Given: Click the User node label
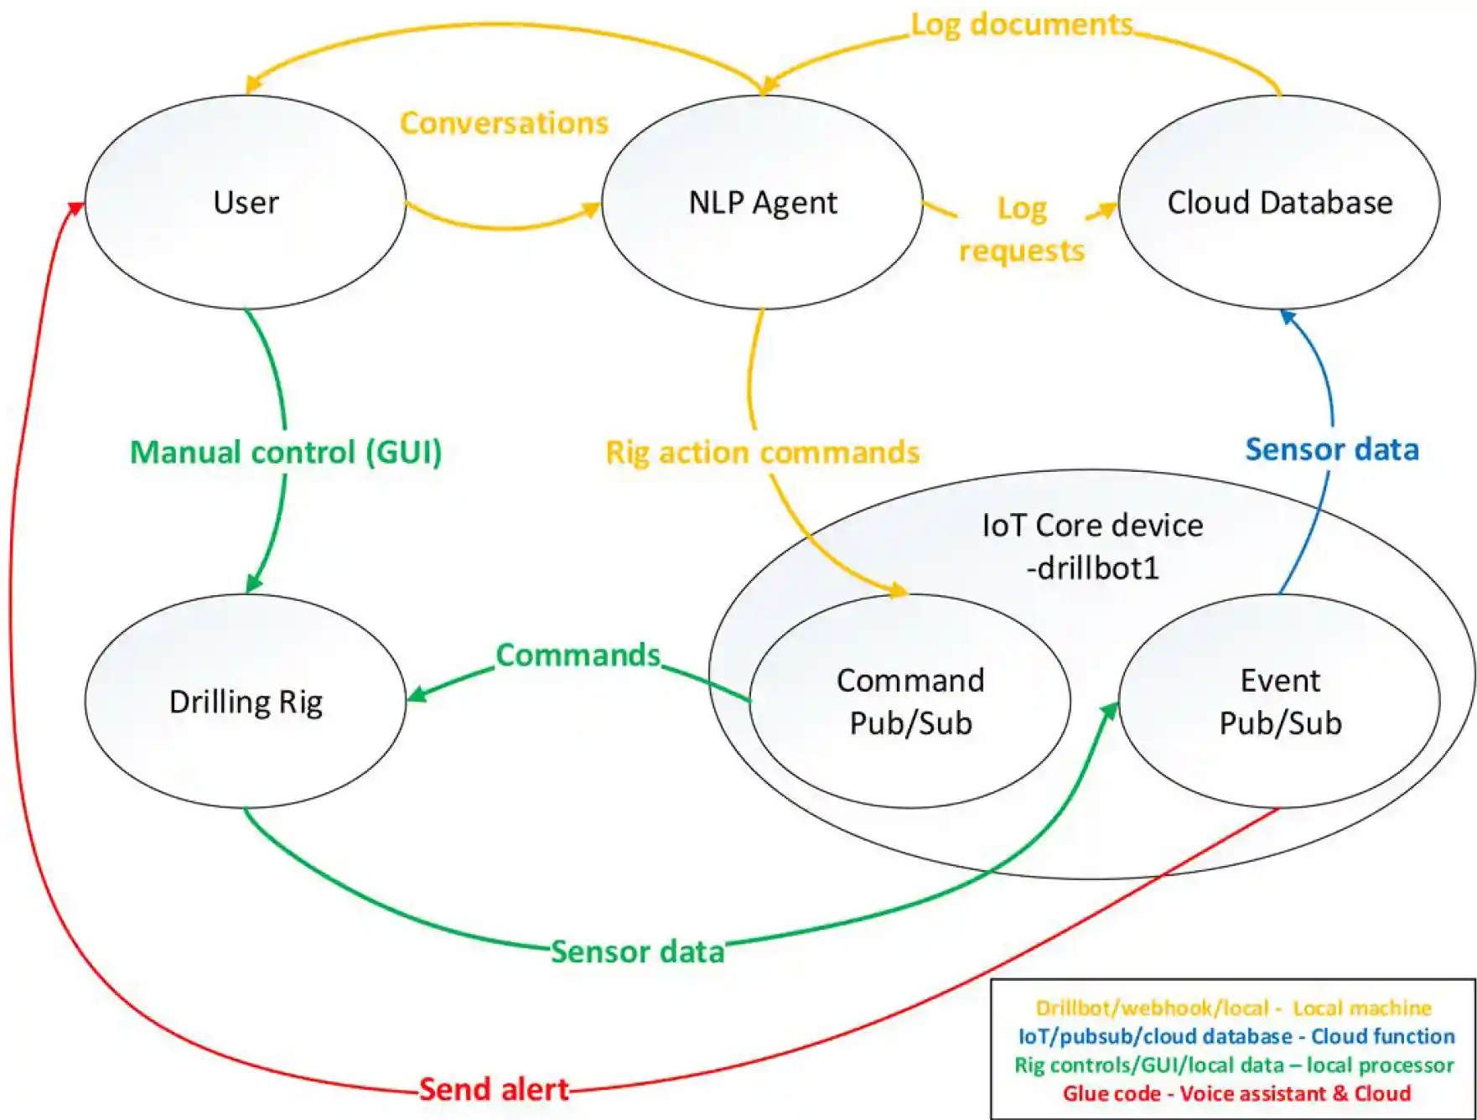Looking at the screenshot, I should point(246,203).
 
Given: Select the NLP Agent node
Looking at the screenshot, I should point(762,203).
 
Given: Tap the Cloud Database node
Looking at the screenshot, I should point(1279,203).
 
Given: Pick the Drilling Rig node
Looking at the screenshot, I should point(246,702).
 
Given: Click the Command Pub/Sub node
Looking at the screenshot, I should point(910,702).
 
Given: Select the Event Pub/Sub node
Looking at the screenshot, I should point(1280,702).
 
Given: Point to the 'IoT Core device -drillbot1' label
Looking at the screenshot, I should point(1092,547).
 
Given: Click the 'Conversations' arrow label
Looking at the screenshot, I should point(504,123).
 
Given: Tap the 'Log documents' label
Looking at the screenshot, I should point(1021,25).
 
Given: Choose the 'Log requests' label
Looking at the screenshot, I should point(1021,230).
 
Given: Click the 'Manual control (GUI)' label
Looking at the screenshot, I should point(286,453).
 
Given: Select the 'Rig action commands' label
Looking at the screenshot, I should point(762,453).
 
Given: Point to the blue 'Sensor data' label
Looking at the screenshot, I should point(1331,449).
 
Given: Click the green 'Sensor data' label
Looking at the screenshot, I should point(637,951).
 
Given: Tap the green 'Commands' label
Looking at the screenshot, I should point(578,655).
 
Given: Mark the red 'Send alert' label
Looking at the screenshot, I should point(494,1089).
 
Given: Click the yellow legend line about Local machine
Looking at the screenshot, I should point(1233,1008).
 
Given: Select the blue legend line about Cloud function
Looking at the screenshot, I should point(1236,1036).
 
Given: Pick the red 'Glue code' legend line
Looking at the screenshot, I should point(1236,1093).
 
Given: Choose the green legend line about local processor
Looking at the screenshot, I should point(1234,1065).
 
